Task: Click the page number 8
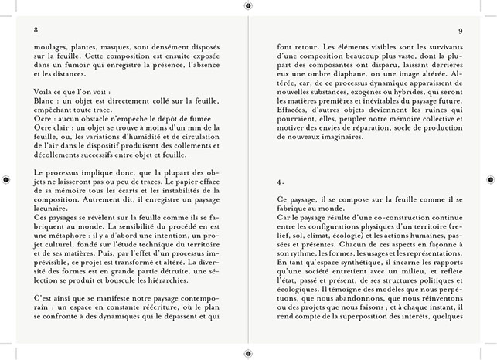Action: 36,31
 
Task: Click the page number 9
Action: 460,31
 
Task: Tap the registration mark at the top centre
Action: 248,5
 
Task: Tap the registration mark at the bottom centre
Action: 248,355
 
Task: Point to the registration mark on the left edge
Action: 6,179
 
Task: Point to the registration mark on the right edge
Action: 491,179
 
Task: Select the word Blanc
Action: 45,100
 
